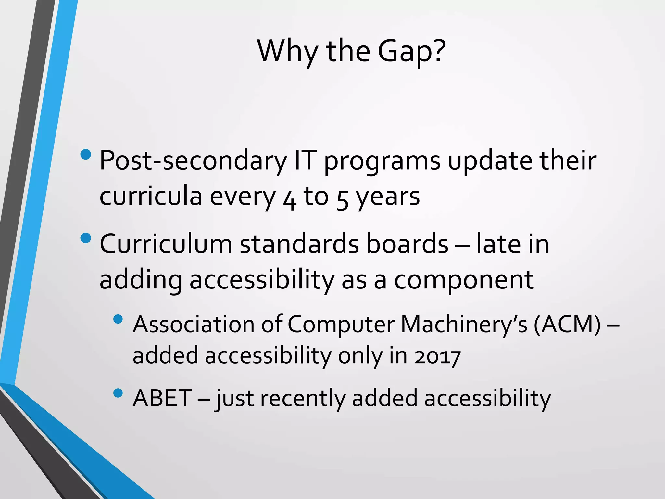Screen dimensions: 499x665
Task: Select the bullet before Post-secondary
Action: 86,154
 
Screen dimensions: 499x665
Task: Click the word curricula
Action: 151,197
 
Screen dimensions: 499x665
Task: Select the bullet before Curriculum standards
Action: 86,238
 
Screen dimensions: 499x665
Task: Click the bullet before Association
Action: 118,319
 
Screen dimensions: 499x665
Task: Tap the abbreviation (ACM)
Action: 567,325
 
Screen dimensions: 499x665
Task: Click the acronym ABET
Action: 162,398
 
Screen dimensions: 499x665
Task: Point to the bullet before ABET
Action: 118,393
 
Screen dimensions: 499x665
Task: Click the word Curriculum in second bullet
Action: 166,244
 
